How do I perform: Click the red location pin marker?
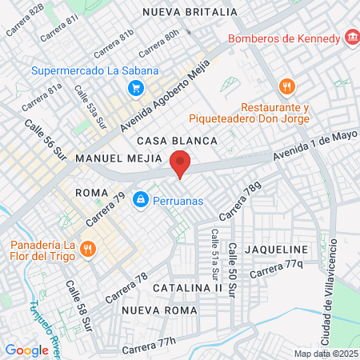point(181,163)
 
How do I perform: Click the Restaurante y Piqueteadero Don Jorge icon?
point(287,86)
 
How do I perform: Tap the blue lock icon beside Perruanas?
point(140,198)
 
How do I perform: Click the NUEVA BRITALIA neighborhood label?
point(190,12)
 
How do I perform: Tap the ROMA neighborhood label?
point(90,193)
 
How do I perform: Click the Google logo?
point(26,350)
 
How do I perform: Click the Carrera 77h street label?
point(148,346)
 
